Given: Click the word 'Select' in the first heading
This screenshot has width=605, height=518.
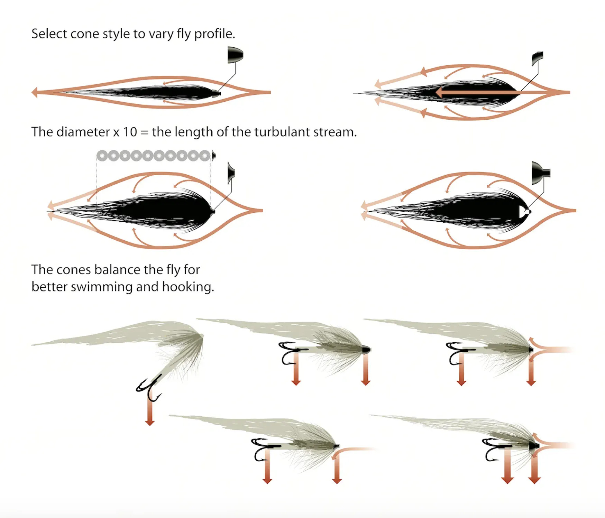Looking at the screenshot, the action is (49, 34).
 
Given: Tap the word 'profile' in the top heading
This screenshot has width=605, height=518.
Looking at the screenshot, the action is (214, 34).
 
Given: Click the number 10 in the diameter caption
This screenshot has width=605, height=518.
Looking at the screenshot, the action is (130, 132).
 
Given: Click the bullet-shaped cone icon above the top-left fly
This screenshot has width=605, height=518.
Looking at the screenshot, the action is (235, 55).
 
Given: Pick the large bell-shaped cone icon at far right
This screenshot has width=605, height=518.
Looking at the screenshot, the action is (540, 173).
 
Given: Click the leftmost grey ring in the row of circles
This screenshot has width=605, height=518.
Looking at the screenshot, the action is (102, 156).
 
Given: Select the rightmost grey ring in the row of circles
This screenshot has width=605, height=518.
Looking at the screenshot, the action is (205, 156).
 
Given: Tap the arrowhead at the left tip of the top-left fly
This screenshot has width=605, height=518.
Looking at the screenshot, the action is (34, 92).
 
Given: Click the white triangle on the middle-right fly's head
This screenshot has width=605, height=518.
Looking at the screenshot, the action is (524, 211).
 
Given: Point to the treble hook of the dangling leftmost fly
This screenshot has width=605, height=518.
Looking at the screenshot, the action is (149, 388).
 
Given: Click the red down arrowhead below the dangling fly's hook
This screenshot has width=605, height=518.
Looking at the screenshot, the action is (150, 422).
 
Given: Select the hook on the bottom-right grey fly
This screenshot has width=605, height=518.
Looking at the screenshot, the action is (493, 449).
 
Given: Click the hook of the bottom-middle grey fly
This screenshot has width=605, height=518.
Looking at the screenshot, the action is (264, 449).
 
